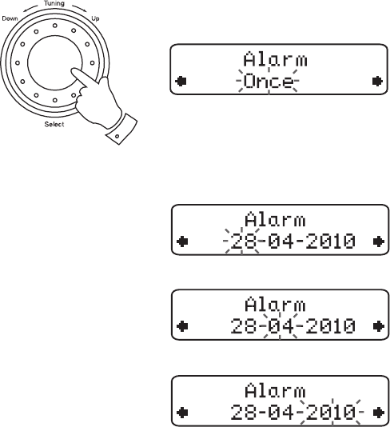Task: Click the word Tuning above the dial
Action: point(54,3)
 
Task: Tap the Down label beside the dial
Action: point(10,18)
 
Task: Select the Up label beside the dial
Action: point(95,18)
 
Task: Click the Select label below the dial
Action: point(54,124)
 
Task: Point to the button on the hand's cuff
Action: point(117,136)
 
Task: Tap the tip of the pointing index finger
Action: point(73,70)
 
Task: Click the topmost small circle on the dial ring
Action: point(55,26)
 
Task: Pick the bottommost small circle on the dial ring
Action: point(55,100)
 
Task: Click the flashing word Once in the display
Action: point(269,81)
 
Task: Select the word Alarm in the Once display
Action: point(276,59)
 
